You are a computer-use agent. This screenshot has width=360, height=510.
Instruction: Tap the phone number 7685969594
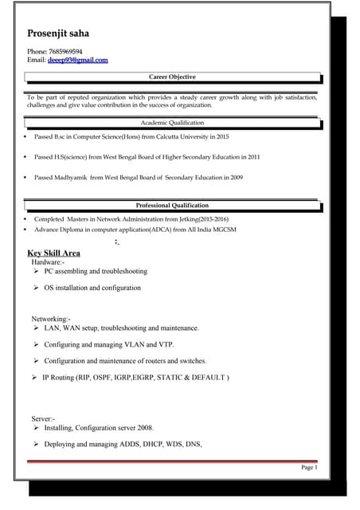(65, 51)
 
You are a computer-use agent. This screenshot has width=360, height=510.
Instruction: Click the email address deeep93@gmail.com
(77, 60)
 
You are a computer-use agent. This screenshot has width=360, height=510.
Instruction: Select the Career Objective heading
(172, 77)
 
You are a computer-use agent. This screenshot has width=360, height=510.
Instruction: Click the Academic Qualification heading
(172, 123)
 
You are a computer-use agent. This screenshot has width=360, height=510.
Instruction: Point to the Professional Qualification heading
(172, 206)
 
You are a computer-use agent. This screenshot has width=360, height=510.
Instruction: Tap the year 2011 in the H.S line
(252, 157)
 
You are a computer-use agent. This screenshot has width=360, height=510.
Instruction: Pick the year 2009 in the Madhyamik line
(235, 178)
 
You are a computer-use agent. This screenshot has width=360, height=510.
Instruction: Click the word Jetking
(179, 218)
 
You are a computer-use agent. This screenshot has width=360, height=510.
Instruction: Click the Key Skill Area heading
(53, 253)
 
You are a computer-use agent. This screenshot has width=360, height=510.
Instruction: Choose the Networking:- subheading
(52, 319)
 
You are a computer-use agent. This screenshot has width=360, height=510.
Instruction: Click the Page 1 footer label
(309, 468)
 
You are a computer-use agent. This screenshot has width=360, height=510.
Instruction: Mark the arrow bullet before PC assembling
(37, 271)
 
